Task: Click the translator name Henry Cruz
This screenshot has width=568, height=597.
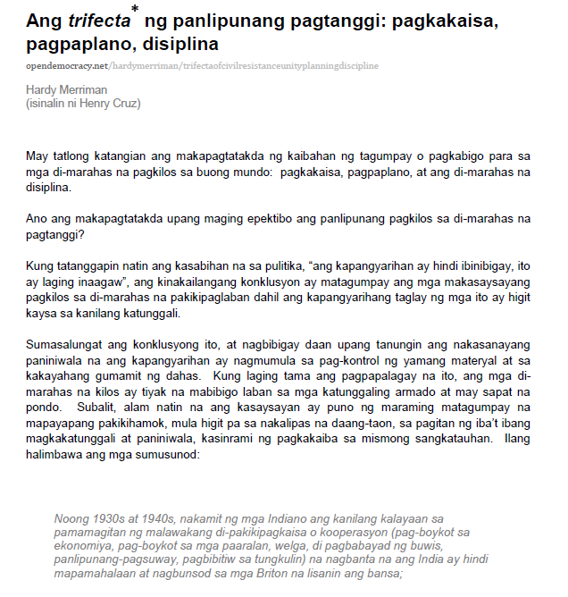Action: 115,103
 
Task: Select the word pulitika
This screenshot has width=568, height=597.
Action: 358,265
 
